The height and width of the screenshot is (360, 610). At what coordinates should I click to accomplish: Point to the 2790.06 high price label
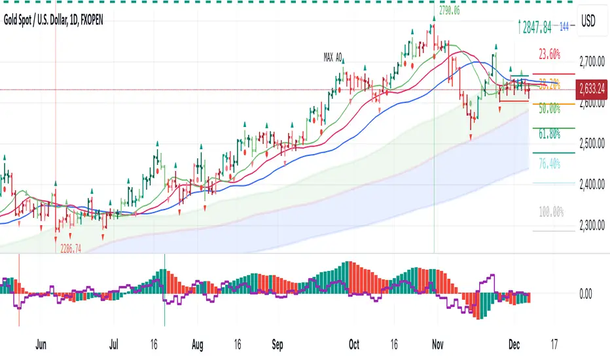[x=447, y=10]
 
